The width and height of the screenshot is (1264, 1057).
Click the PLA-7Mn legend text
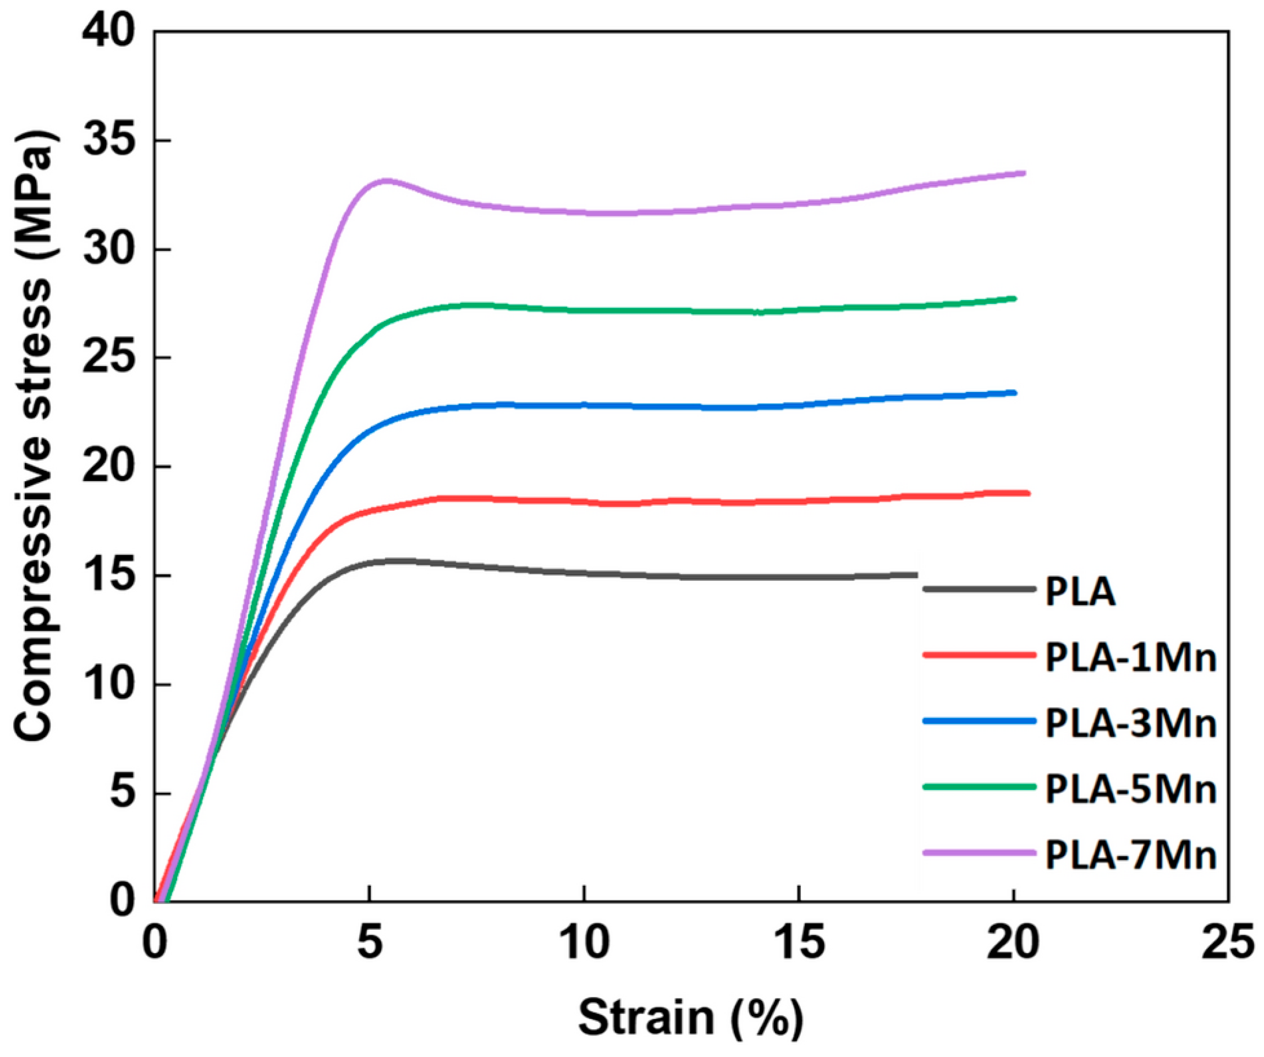pyautogui.click(x=1130, y=856)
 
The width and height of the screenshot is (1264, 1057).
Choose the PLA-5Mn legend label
pyautogui.click(x=1130, y=789)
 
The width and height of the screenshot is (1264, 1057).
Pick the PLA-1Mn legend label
pyautogui.click(x=1130, y=658)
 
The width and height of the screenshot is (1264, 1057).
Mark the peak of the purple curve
pyautogui.click(x=385, y=180)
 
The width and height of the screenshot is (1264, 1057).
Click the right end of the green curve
pyautogui.click(x=1015, y=298)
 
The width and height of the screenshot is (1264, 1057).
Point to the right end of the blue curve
pyautogui.click(x=1015, y=393)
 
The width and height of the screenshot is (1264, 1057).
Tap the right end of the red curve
pyautogui.click(x=1028, y=493)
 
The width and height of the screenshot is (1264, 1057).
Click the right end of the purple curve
pyautogui.click(x=1023, y=173)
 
